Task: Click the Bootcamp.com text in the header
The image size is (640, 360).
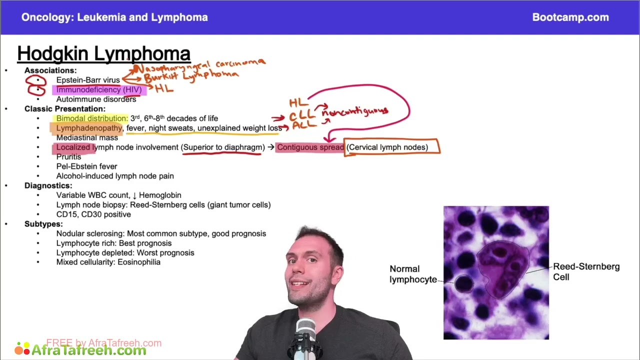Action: point(570,17)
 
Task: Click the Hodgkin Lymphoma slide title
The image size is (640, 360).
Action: point(103,53)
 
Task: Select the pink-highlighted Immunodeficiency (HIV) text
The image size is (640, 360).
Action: point(98,90)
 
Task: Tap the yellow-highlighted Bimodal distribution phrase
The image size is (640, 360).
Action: point(92,118)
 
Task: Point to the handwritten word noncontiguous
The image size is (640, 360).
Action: point(355,111)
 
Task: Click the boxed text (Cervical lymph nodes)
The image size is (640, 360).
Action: point(387,147)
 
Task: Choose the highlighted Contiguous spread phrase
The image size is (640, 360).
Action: point(310,147)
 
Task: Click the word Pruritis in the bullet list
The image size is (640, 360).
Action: point(68,157)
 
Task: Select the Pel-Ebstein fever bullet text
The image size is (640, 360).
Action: point(86,166)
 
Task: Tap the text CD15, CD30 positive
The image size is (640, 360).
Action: point(93,214)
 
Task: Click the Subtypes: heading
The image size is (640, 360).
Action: point(43,224)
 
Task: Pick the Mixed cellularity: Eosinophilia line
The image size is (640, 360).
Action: point(108,262)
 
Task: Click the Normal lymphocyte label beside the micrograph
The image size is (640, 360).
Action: point(413,274)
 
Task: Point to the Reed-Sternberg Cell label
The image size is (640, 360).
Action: point(586,271)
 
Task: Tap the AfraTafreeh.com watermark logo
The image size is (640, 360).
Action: point(82,349)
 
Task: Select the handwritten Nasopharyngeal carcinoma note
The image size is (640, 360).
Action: point(200,65)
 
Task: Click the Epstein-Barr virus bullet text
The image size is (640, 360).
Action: point(88,80)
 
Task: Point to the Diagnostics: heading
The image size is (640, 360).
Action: point(48,185)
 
